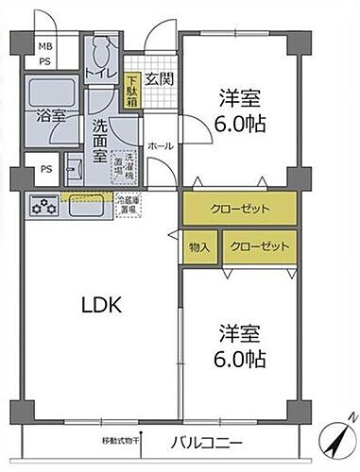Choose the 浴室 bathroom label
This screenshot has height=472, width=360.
52,116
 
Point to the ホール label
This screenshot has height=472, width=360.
158,146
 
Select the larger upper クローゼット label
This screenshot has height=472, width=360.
240,209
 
